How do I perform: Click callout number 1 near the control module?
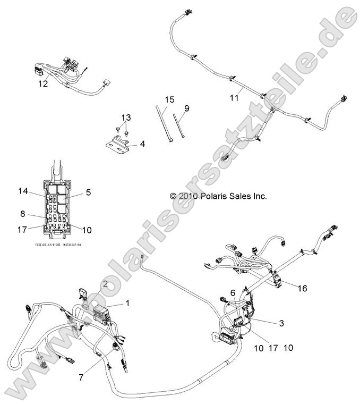point(127,303)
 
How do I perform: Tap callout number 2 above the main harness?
point(106,284)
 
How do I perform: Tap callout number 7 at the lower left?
point(81,377)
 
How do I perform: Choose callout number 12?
point(42,83)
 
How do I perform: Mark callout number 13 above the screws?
point(125,117)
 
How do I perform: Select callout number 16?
point(302,289)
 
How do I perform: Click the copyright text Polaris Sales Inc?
point(218,196)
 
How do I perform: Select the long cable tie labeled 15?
point(162,125)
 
